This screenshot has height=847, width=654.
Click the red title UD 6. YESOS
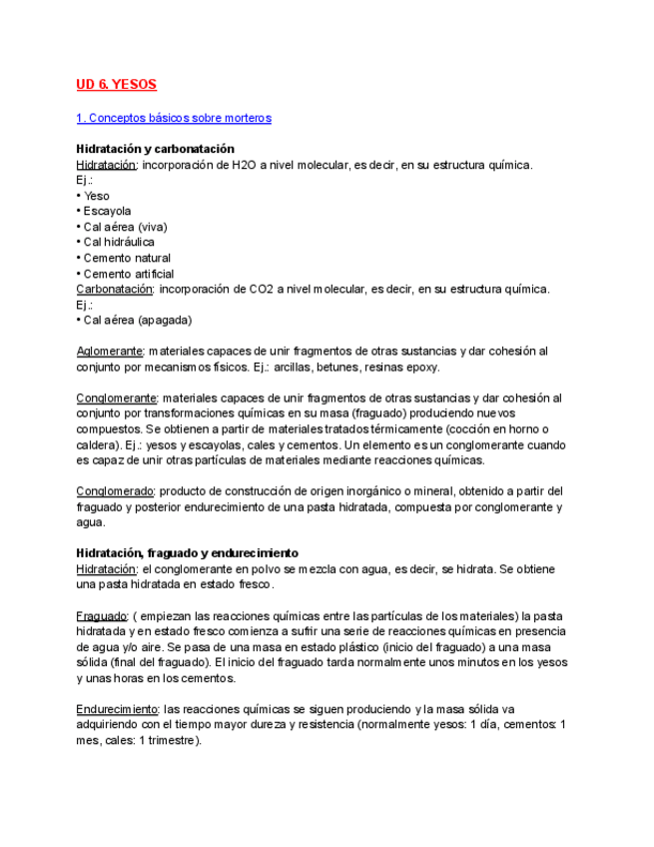(117, 85)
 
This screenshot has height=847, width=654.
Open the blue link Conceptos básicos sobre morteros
(174, 118)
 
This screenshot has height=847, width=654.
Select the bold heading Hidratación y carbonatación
(156, 149)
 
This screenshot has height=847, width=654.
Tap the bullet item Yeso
(96, 196)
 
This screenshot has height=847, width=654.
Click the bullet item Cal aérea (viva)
(125, 227)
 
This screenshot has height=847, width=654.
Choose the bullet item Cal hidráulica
(118, 242)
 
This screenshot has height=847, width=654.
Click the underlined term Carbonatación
(115, 289)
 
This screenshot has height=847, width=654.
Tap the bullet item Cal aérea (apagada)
(137, 320)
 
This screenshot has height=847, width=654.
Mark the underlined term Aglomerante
(110, 352)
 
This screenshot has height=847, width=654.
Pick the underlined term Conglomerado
(115, 491)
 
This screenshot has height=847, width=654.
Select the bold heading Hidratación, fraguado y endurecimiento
(188, 553)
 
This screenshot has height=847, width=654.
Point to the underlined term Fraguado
(101, 615)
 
